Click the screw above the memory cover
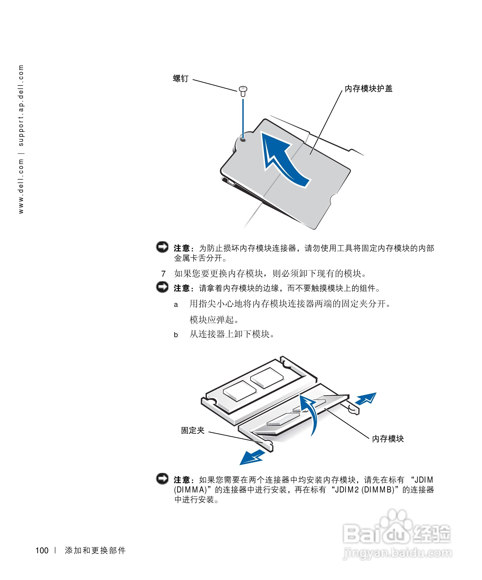tap(243, 91)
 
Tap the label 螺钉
tap(181, 79)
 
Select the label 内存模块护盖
tap(368, 89)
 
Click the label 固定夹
tap(193, 430)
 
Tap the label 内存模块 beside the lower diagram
tap(388, 439)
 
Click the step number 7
tap(163, 274)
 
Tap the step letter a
tap(176, 305)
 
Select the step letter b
tap(176, 335)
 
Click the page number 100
tap(42, 551)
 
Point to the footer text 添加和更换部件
tap(95, 551)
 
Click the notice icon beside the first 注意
tap(162, 247)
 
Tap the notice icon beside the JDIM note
tap(162, 479)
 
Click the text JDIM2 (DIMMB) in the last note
tap(364, 490)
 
